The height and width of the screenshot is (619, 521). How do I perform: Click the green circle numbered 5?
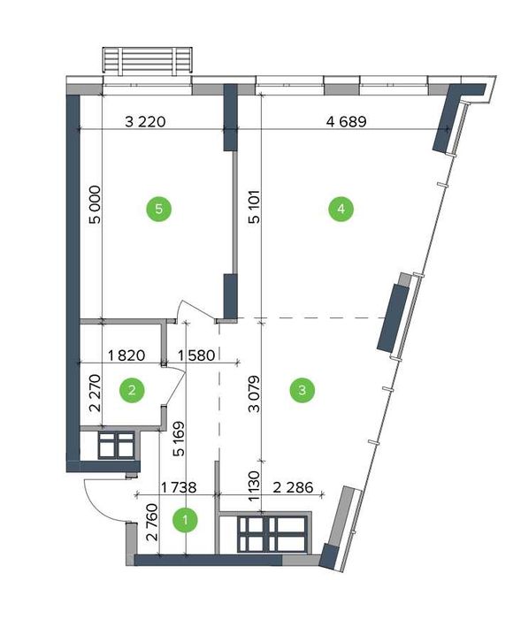click(159, 209)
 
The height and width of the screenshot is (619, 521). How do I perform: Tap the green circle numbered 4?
click(341, 209)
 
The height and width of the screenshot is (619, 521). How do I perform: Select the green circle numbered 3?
click(303, 390)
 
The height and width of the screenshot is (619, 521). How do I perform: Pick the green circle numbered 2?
click(132, 390)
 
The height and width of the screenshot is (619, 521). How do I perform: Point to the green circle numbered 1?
click(186, 520)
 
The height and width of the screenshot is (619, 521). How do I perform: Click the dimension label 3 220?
click(145, 122)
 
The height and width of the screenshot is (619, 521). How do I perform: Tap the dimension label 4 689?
click(347, 122)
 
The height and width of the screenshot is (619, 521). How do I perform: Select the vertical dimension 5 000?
click(96, 204)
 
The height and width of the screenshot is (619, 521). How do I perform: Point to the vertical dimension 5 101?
click(255, 207)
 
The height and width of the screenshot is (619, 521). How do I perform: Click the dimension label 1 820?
click(126, 355)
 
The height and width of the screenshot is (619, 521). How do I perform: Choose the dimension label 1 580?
click(196, 355)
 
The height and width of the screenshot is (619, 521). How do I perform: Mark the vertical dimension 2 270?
click(96, 394)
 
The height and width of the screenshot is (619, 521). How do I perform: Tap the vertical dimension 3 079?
click(255, 394)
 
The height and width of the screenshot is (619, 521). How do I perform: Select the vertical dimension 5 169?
click(179, 439)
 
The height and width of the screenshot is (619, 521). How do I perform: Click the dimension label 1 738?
click(178, 487)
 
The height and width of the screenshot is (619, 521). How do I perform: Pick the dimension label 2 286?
click(293, 487)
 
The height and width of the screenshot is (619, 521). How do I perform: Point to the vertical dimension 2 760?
click(151, 522)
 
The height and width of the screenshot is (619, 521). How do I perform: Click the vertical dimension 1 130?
click(255, 486)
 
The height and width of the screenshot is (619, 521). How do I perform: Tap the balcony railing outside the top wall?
click(148, 61)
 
